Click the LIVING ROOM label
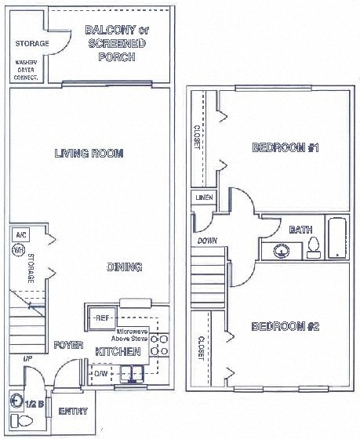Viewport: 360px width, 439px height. click(89, 154)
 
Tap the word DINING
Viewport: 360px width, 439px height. click(124, 267)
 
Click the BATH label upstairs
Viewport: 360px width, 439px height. click(300, 230)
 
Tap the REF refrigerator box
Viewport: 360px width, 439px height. click(103, 317)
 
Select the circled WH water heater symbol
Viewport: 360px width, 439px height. click(17, 250)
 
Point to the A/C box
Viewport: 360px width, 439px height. click(19, 234)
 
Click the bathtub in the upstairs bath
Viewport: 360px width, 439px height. click(336, 239)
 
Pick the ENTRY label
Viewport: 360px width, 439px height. click(72, 412)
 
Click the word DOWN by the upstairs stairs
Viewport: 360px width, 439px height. click(207, 241)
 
